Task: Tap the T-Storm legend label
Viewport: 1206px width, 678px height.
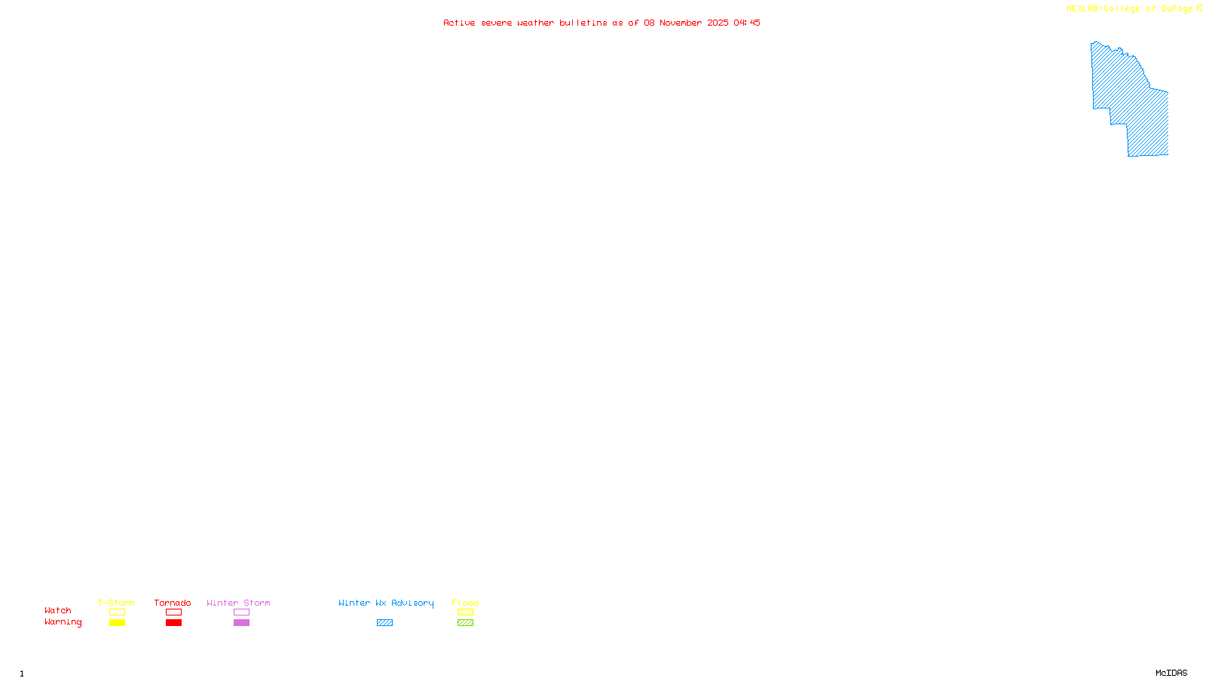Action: pyautogui.click(x=116, y=603)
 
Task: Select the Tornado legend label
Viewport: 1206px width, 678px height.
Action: pyautogui.click(x=173, y=603)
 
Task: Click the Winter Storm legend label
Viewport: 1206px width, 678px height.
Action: pyautogui.click(x=238, y=603)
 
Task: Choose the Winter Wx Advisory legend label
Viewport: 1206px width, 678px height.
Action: pyautogui.click(x=386, y=603)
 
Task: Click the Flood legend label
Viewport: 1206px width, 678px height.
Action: pyautogui.click(x=465, y=603)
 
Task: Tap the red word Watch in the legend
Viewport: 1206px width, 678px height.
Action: pyautogui.click(x=58, y=610)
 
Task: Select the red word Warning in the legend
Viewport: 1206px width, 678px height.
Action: pyautogui.click(x=63, y=622)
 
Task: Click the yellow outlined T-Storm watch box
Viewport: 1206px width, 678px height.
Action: pyautogui.click(x=117, y=612)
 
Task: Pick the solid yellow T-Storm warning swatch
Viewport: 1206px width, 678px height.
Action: pyautogui.click(x=117, y=623)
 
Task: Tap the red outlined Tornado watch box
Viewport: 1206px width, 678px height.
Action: pyautogui.click(x=173, y=612)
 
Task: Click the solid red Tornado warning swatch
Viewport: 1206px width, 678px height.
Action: pyautogui.click(x=173, y=623)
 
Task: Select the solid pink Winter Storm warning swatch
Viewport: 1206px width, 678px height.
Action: pyautogui.click(x=241, y=623)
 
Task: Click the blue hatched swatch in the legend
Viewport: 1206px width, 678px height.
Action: pyautogui.click(x=384, y=623)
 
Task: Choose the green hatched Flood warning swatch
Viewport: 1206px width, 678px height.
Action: pyautogui.click(x=465, y=623)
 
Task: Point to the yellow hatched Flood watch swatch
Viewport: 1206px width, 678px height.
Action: pyautogui.click(x=465, y=612)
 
